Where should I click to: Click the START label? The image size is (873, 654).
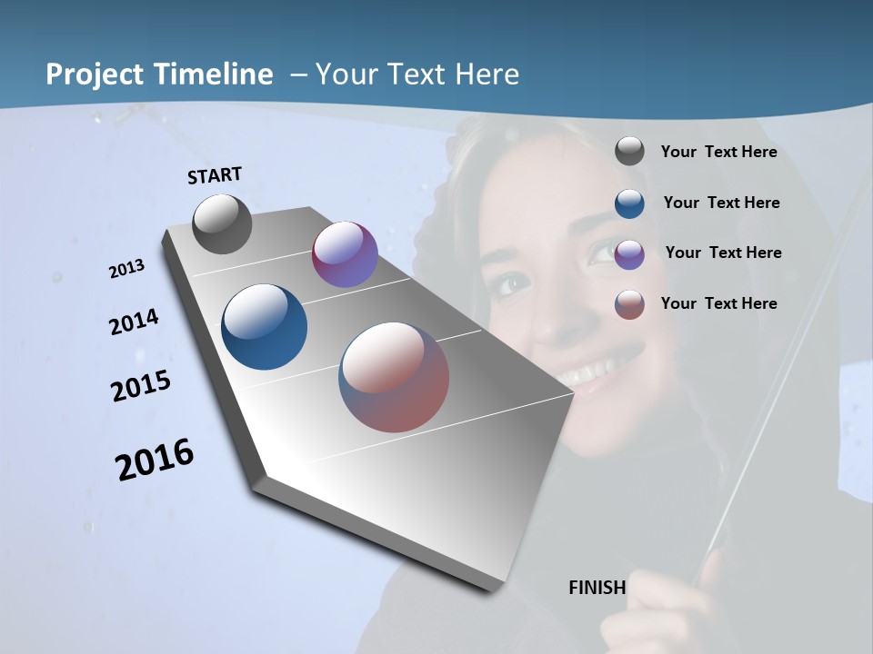(215, 175)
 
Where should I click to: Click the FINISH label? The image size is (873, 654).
(597, 588)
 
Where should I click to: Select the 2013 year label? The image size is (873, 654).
(126, 269)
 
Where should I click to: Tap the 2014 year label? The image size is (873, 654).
(134, 322)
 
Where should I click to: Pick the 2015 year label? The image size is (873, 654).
(141, 385)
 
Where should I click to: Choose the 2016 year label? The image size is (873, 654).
(155, 460)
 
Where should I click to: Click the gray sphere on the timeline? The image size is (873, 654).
(222, 223)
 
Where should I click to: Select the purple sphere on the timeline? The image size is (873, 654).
(345, 254)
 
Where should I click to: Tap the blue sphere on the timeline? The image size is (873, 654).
(264, 327)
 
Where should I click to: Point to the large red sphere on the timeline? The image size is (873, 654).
(394, 377)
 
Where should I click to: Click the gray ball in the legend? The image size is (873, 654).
(629, 151)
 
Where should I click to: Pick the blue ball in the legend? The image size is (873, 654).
(629, 203)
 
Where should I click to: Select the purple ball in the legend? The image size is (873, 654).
(629, 253)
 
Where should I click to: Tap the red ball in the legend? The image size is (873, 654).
(629, 304)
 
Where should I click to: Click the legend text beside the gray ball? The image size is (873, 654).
(718, 152)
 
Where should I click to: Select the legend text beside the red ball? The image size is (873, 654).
(718, 303)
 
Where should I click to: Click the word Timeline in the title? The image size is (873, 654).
(215, 74)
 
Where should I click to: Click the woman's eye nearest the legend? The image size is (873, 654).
(605, 250)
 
